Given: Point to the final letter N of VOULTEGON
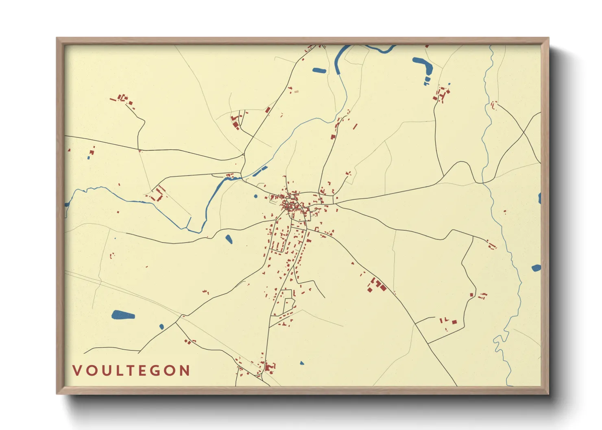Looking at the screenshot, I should [185, 371].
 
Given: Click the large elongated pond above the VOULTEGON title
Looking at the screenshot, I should [123, 315].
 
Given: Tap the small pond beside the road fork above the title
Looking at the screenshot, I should [161, 326].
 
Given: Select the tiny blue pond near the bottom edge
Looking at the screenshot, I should [301, 363].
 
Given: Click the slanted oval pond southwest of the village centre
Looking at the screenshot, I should [229, 239].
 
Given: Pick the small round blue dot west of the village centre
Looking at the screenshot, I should [255, 196].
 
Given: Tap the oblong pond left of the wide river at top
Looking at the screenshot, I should [319, 70].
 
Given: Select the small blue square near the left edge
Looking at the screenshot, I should [89, 158].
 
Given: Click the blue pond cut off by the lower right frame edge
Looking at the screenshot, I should [536, 268].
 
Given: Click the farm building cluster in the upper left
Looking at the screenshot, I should [122, 99].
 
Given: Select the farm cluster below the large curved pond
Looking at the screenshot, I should [441, 94].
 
